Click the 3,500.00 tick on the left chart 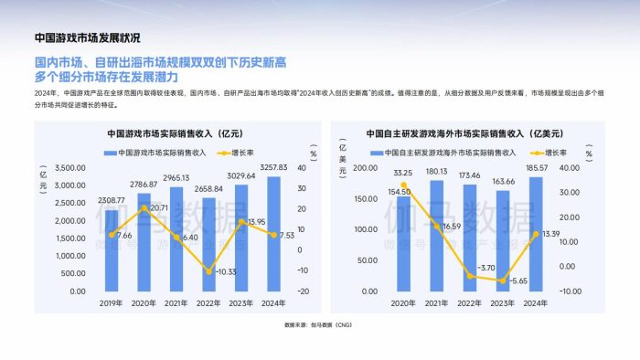tap(71, 168)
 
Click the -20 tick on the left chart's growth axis tap(303, 291)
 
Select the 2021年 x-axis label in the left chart tap(176, 304)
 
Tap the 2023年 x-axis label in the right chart tap(501, 304)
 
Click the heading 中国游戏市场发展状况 tap(88, 38)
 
